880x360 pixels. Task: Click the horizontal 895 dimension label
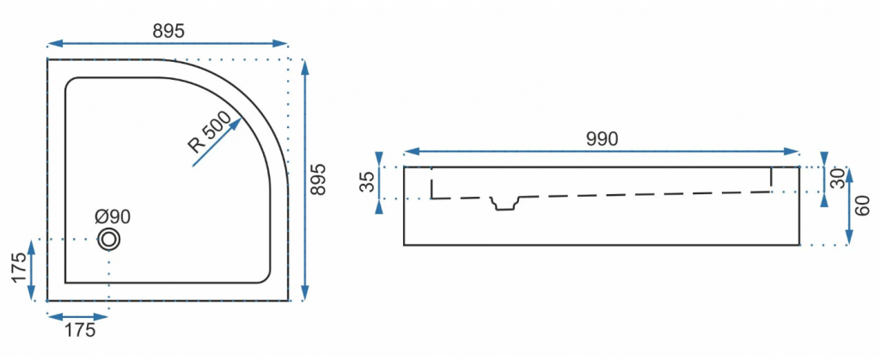[168, 29]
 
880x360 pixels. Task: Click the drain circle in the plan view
[109, 239]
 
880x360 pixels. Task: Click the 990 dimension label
[602, 139]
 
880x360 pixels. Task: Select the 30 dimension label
[838, 180]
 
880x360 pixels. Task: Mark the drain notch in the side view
[504, 202]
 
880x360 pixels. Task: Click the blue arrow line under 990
[602, 152]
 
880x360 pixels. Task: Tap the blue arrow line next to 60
[849, 206]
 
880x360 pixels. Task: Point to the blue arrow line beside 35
[379, 183]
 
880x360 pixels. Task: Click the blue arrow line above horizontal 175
[78, 315]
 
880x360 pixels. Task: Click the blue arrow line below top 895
[168, 43]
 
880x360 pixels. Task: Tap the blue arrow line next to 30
[823, 180]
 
